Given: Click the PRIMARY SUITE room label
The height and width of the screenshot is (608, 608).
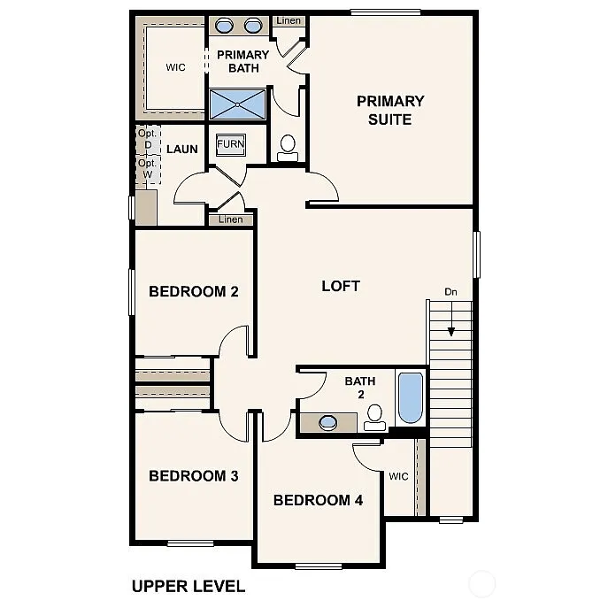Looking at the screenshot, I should pos(390,110).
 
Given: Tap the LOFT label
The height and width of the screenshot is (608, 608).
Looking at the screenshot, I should pos(341,286).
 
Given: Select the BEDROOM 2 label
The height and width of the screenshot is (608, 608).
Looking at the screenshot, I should pos(194,291).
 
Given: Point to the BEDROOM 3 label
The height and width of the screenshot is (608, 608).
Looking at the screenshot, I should pos(194,476).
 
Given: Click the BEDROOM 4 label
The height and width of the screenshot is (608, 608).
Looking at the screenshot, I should pos(319,500).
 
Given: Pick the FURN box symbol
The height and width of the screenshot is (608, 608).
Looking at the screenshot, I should pos(230,143).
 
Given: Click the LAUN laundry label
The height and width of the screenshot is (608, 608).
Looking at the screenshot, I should pos(182,149).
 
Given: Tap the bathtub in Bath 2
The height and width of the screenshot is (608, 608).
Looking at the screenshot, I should pos(411,397).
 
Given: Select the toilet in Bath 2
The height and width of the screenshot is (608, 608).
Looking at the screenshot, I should pos(375,417).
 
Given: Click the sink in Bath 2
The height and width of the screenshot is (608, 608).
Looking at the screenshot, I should pos(328,422).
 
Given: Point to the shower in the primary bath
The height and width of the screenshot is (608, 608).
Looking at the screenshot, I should pos(237,104).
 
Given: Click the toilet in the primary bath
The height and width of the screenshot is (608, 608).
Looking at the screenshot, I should pos(289,148).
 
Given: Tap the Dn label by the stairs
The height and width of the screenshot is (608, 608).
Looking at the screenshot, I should pos(451,291).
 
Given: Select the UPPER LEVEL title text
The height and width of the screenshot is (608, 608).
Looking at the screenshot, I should pos(188,586).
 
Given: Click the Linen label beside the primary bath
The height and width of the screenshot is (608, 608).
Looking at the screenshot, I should pos(288,20).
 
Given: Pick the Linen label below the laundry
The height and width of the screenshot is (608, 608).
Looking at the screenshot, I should pos(230,219).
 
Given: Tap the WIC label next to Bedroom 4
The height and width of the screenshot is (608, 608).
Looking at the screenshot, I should pos(398,476).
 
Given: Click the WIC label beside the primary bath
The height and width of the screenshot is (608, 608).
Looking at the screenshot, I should pos(175,68).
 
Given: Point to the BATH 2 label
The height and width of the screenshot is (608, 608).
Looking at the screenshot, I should pos(360,388).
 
